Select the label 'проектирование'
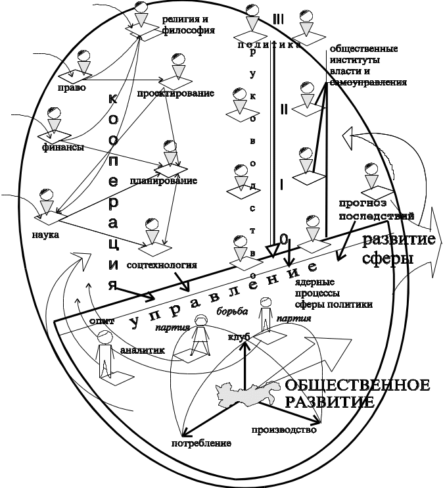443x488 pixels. pyautogui.click(x=175, y=93)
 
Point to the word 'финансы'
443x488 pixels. pyautogui.click(x=63, y=147)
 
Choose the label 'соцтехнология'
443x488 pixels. pyautogui.click(x=161, y=266)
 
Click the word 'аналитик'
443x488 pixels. pyautogui.click(x=141, y=351)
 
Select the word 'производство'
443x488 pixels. pyautogui.click(x=285, y=430)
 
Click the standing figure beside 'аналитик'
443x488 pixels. pyautogui.click(x=104, y=355)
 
